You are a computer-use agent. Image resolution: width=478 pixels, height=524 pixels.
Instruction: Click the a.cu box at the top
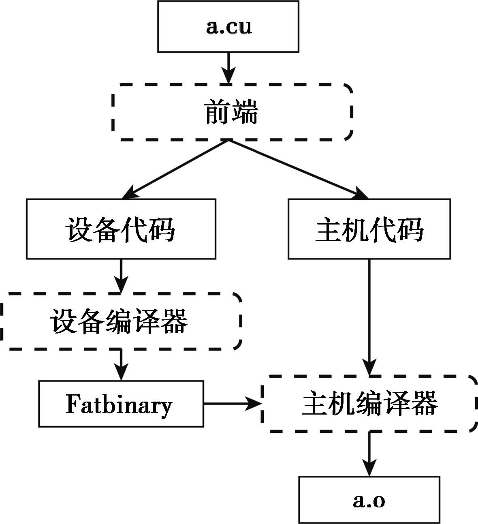(x=228, y=26)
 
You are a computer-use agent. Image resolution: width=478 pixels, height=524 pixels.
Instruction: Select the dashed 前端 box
(x=232, y=112)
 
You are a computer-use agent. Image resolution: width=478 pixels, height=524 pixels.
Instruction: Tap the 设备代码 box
(x=121, y=229)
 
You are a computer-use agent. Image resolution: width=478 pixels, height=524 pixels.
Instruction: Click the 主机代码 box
(x=369, y=229)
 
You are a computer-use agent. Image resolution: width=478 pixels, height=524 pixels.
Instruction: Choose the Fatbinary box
(x=121, y=404)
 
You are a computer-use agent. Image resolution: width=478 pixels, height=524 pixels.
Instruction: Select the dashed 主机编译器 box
(x=369, y=404)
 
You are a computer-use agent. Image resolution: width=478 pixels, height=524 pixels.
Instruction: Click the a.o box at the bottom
(x=369, y=500)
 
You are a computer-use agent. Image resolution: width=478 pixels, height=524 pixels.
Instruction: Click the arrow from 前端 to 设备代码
(x=176, y=169)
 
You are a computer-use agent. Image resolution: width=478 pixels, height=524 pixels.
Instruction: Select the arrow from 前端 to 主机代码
(x=298, y=169)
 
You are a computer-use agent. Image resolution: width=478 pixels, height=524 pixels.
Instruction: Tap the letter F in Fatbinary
(x=72, y=404)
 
